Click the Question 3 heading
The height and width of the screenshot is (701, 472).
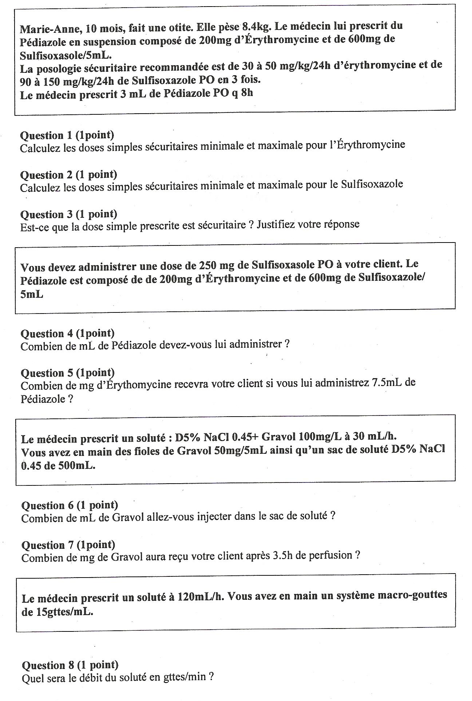(69, 214)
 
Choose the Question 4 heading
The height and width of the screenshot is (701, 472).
(68, 333)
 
